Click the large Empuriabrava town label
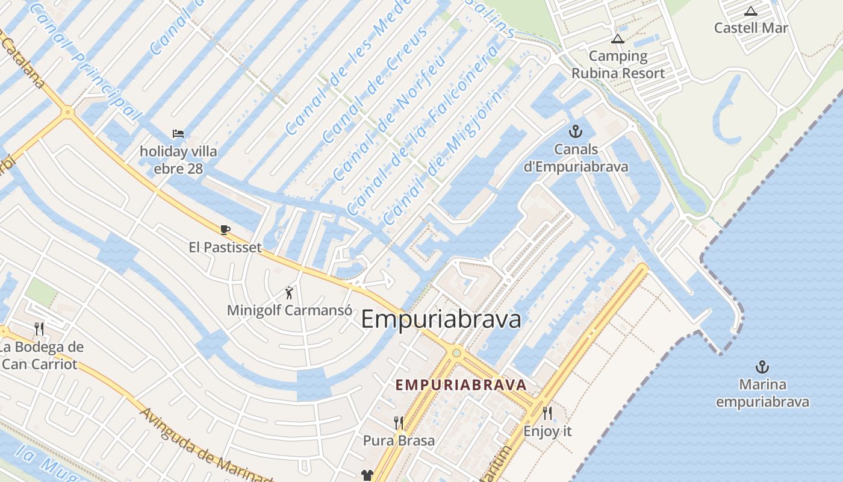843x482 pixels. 441,319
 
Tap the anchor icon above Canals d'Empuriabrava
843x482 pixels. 576,131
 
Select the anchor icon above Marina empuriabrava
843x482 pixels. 762,366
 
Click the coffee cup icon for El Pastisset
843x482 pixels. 225,230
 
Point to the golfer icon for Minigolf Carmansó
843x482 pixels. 290,293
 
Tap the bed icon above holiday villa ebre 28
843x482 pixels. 178,133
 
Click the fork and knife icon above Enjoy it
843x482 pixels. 547,413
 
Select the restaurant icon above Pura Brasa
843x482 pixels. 399,422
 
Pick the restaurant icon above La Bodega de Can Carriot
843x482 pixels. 40,328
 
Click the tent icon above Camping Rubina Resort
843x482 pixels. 617,39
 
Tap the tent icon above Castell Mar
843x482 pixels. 751,11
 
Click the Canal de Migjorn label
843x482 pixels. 442,158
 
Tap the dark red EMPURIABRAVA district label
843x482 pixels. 461,384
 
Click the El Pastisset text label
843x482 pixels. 225,247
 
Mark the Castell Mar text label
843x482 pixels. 751,28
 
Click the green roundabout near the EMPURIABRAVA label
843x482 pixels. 456,352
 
